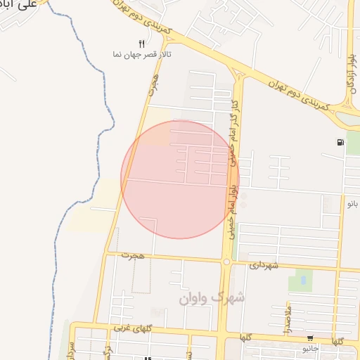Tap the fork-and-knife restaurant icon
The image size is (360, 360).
click(x=142, y=44)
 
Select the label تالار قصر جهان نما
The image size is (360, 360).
click(x=143, y=54)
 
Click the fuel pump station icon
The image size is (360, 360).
click(x=340, y=143)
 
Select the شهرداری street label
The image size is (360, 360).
click(x=264, y=265)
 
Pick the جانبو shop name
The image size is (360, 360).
click(x=310, y=348)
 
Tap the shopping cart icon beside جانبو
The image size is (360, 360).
click(x=310, y=338)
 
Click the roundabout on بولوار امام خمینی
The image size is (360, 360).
click(x=226, y=262)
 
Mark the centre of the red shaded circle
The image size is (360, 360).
click(x=180, y=179)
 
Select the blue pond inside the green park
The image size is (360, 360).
click(x=303, y=280)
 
